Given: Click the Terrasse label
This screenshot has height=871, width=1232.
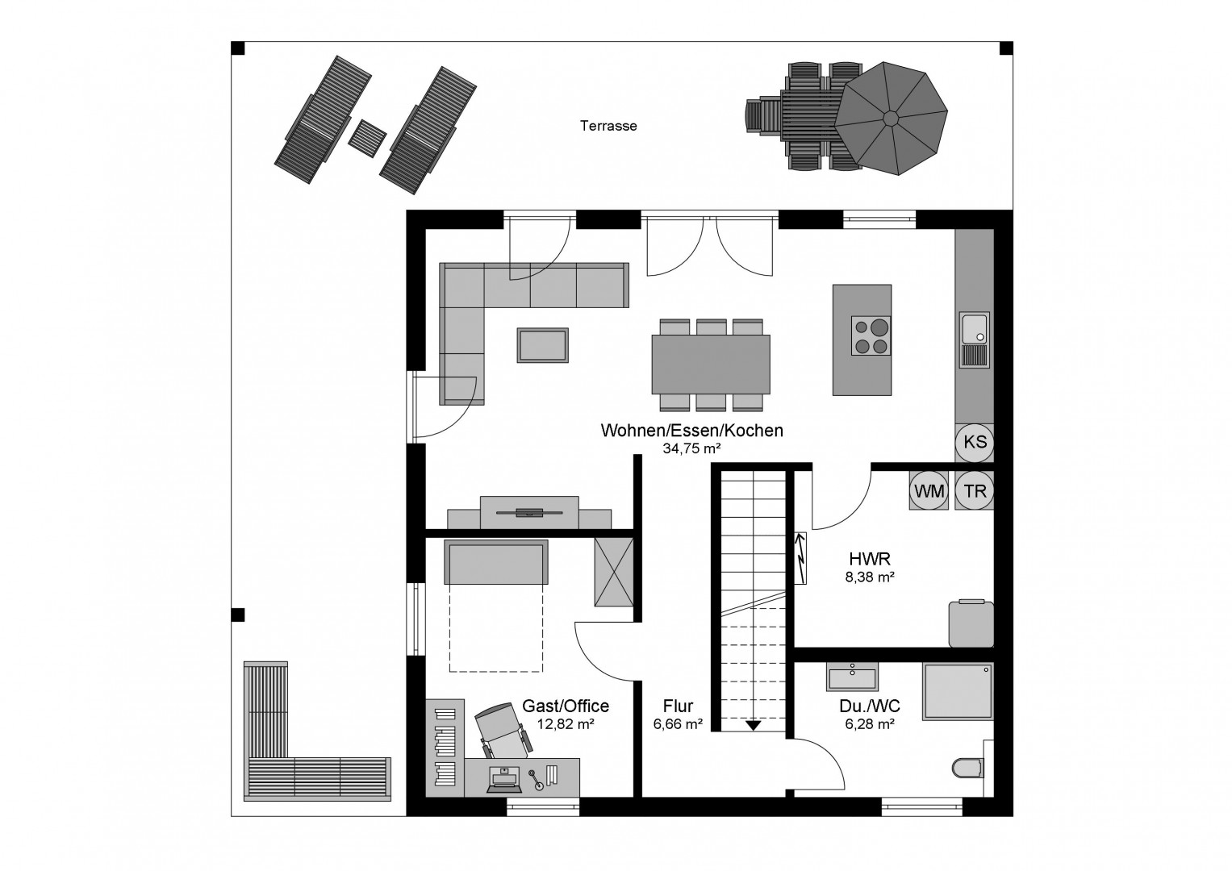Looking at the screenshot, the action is tap(608, 126).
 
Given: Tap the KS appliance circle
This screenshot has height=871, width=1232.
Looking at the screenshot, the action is tap(975, 442).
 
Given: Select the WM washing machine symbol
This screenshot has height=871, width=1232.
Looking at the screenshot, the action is tap(929, 490).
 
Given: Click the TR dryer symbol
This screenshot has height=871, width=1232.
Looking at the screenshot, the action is tap(975, 490).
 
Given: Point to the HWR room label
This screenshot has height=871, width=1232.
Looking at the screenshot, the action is tap(870, 559).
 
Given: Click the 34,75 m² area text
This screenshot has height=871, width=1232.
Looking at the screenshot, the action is tap(691, 448).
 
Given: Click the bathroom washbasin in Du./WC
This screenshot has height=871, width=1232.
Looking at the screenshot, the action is tap(852, 677).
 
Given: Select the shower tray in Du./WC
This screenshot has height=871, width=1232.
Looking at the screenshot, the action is tap(958, 691).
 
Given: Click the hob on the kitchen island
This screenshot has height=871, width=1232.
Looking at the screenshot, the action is tap(871, 335).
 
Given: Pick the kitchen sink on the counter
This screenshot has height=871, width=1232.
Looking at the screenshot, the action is tap(975, 340).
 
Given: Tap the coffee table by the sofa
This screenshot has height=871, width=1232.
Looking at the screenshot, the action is tap(542, 345).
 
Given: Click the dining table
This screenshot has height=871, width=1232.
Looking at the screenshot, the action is tap(711, 364).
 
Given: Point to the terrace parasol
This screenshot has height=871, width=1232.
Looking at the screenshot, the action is tap(891, 119).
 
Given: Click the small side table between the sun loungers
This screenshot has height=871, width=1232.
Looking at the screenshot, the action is tap(367, 139).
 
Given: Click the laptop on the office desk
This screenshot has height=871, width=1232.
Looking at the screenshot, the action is tap(503, 780).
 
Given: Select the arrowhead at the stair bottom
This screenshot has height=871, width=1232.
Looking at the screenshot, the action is tap(753, 725).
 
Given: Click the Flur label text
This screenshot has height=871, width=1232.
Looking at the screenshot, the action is tap(678, 706).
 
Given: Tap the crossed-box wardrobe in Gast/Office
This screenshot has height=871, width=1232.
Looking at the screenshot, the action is tap(614, 573).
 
